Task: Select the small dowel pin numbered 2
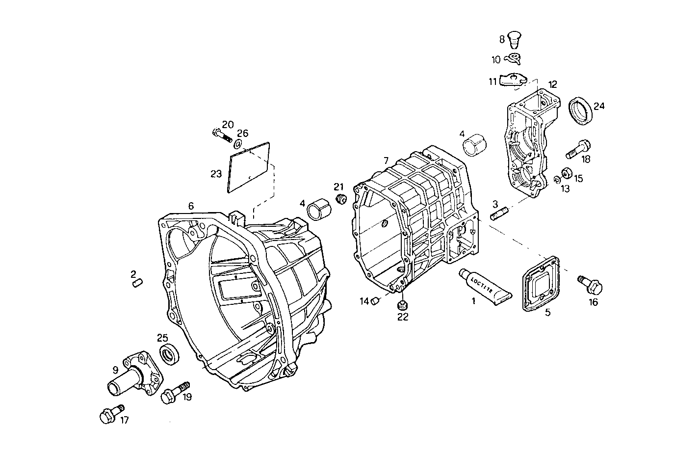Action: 137,283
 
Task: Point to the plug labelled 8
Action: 513,38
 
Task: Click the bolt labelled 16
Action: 590,284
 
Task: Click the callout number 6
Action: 191,206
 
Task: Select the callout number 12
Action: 553,84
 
